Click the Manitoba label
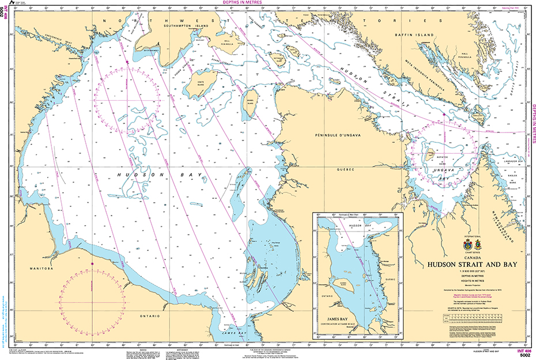(x=43, y=268)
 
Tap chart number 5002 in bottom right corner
(x=525, y=354)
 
